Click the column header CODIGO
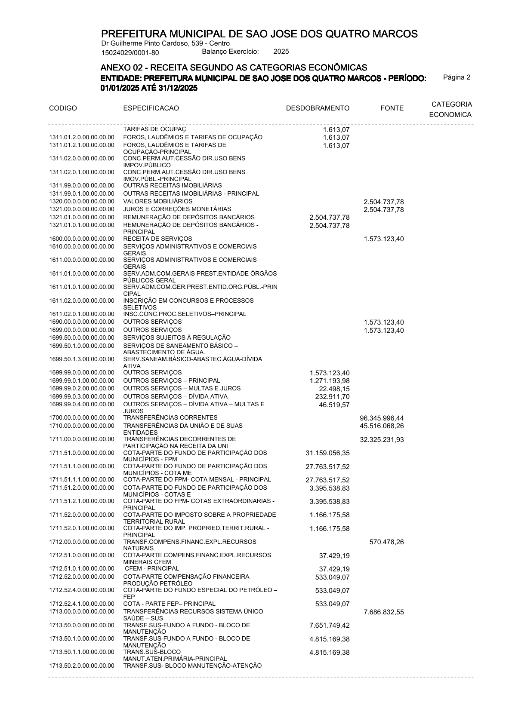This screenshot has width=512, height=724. click(63, 108)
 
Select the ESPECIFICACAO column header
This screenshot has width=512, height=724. click(151, 108)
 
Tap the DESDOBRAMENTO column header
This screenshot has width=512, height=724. click(318, 108)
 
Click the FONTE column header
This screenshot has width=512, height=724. click(392, 108)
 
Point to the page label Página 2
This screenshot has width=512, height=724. click(456, 77)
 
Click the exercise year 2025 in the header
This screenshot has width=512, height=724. click(281, 52)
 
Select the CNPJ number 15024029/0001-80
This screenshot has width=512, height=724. click(130, 53)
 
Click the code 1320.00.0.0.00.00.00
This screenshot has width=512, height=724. click(82, 201)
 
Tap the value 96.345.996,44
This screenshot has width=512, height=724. click(382, 418)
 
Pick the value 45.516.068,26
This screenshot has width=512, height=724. click(382, 426)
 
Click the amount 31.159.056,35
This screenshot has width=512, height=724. click(327, 453)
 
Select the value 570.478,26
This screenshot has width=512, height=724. click(386, 542)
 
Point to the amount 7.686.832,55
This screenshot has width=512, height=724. click(383, 612)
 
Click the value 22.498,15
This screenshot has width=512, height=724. click(331, 389)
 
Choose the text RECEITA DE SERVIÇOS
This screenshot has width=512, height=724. click(157, 239)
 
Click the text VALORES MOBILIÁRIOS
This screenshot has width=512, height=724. click(158, 201)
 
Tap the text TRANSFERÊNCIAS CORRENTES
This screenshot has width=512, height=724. click(170, 417)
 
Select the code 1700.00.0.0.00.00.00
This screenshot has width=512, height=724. click(82, 417)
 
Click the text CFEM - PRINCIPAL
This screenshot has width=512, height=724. click(152, 568)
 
